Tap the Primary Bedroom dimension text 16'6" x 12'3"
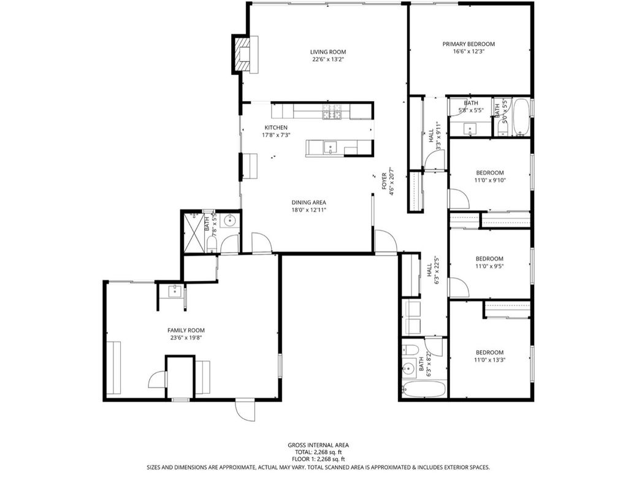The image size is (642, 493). (x=468, y=52)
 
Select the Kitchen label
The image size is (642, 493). (x=258, y=128)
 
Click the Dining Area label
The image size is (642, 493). (x=308, y=202)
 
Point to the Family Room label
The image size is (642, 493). (x=186, y=330)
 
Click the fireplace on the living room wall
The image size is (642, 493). (x=240, y=54)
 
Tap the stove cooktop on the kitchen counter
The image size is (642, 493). (x=332, y=112)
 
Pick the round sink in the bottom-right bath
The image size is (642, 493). (x=409, y=369)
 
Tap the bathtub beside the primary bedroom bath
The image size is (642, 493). (x=521, y=117)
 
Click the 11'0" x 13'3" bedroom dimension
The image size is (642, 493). (x=490, y=360)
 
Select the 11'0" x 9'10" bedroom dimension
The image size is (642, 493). (x=490, y=180)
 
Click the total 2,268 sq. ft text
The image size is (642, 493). (x=318, y=453)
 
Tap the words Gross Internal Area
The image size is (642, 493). (x=318, y=445)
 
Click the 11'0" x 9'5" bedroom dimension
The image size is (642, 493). (x=490, y=267)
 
